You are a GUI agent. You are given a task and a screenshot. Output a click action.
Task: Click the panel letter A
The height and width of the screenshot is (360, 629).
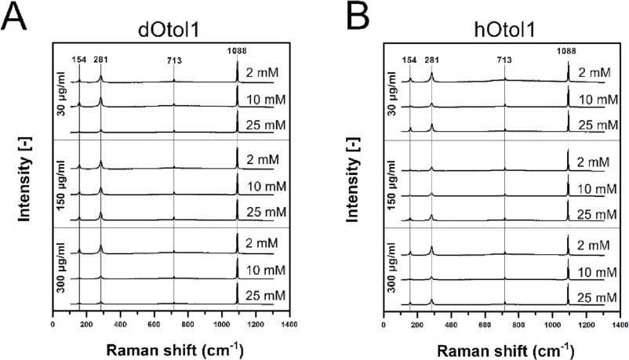[x=16, y=16]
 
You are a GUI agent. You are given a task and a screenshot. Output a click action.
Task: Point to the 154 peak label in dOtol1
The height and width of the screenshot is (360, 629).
[x=78, y=59]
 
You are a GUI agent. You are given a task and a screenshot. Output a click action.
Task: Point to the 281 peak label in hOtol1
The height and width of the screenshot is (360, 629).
[x=431, y=59]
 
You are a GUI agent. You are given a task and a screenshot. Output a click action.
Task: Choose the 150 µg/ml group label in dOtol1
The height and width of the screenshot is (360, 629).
[x=60, y=184]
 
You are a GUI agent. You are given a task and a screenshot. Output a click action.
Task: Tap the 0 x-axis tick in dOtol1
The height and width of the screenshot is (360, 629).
[x=53, y=322]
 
